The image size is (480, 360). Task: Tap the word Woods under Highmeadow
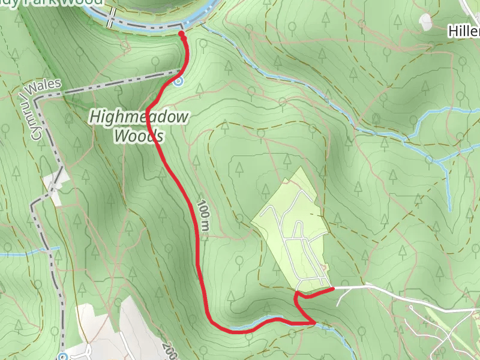(139, 136)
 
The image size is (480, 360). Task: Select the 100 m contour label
(203, 216)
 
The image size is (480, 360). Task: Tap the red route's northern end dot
(182, 34)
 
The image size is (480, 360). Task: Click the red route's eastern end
(332, 289)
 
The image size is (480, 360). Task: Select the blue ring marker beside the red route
(178, 82)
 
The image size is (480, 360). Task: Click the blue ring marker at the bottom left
(63, 356)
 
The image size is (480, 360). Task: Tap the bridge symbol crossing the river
(110, 22)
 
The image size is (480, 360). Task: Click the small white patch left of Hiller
(426, 23)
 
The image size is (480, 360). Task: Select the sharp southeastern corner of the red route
(314, 323)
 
